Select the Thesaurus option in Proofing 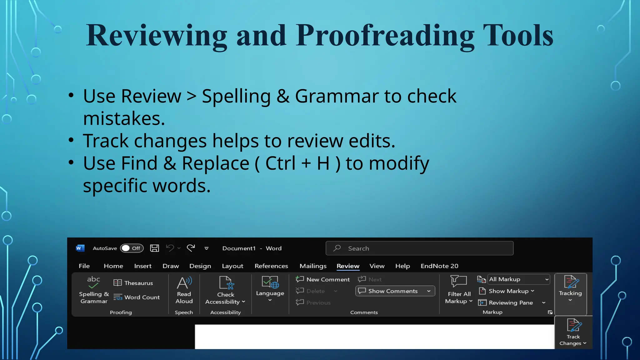pyautogui.click(x=133, y=283)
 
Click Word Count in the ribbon pyautogui.click(x=137, y=297)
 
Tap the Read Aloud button pyautogui.click(x=184, y=290)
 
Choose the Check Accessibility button pyautogui.click(x=225, y=290)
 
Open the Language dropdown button pyautogui.click(x=270, y=289)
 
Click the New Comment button pyautogui.click(x=323, y=279)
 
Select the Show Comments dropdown pyautogui.click(x=395, y=291)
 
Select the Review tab pyautogui.click(x=348, y=266)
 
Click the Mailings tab pyautogui.click(x=313, y=266)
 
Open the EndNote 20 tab pyautogui.click(x=439, y=266)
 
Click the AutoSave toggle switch pyautogui.click(x=132, y=248)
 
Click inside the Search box pyautogui.click(x=419, y=248)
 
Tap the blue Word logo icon pyautogui.click(x=80, y=248)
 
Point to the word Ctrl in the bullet pyautogui.click(x=280, y=163)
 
